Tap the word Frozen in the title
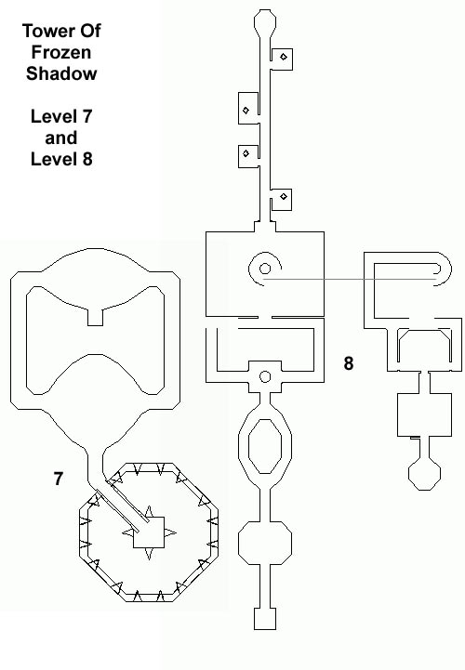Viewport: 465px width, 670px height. [x=61, y=52]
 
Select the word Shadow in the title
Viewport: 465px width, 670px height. [x=61, y=73]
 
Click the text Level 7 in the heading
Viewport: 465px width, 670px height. [x=61, y=116]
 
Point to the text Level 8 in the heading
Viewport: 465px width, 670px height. [x=61, y=159]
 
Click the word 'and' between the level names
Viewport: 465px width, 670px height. [x=61, y=138]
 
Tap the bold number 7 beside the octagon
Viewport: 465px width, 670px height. [x=59, y=479]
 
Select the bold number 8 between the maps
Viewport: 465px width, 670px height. [x=349, y=363]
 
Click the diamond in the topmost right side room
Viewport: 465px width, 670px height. [x=284, y=57]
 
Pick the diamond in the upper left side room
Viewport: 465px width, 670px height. [x=246, y=111]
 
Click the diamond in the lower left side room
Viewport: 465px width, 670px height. [x=246, y=153]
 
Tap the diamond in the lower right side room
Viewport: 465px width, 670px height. [x=284, y=197]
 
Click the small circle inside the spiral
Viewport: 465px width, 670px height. [x=265, y=269]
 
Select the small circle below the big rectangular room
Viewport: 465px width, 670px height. [x=265, y=377]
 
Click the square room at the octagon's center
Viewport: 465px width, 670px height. [x=149, y=532]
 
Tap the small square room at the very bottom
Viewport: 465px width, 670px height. [x=265, y=619]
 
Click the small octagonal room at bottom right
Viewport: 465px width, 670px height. [x=424, y=474]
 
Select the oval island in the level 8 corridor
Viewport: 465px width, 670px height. [x=265, y=446]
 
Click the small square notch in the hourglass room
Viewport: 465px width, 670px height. [x=95, y=317]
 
